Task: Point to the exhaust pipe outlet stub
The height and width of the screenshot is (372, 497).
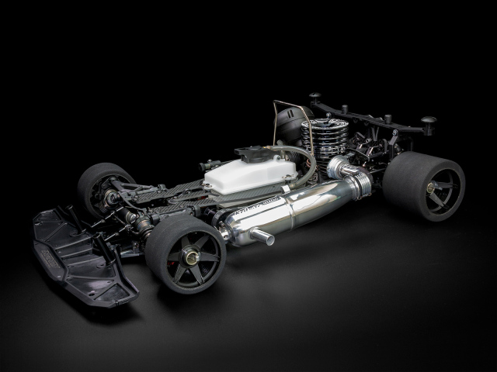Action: [x=262, y=237]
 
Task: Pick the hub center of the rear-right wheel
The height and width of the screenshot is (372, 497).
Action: [x=432, y=188]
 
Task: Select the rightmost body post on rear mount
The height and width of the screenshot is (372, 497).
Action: [x=428, y=123]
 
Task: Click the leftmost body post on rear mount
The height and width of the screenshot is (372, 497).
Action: [x=315, y=98]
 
